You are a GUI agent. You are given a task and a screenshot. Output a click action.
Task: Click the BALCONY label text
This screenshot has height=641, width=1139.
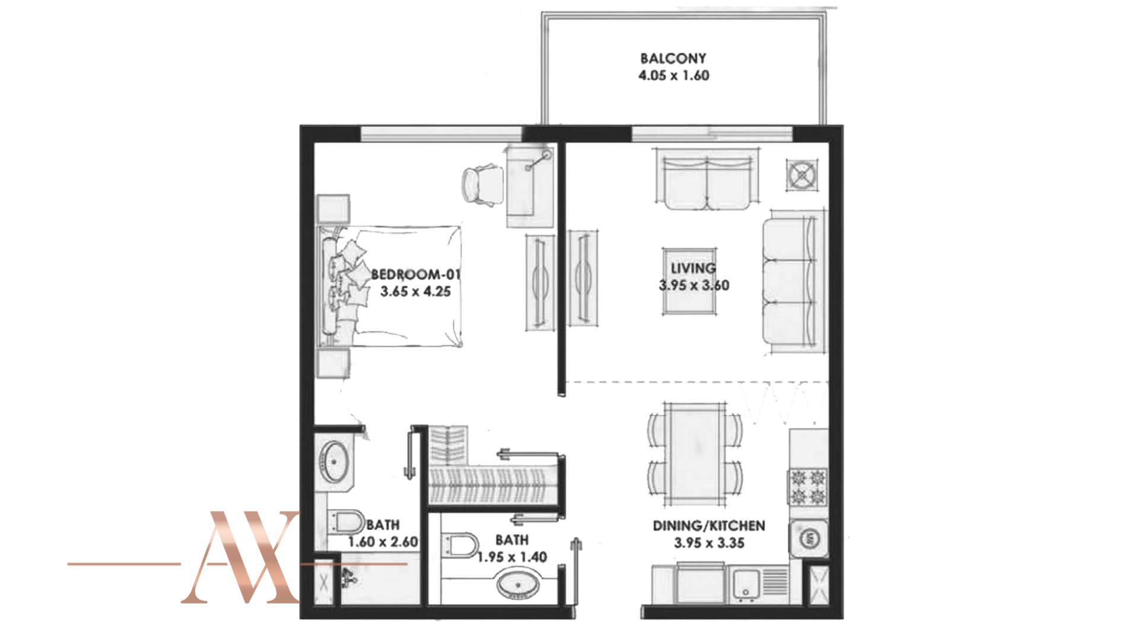coord(673,58)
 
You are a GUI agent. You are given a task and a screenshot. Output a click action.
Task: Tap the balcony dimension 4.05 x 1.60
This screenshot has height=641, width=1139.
coord(674,75)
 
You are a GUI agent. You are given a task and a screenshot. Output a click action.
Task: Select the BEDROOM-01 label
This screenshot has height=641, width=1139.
coord(416,274)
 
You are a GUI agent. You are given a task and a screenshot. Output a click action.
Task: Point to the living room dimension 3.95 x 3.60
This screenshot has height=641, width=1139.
coord(694,285)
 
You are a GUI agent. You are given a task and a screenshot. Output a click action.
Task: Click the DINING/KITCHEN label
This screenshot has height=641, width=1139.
coord(709,525)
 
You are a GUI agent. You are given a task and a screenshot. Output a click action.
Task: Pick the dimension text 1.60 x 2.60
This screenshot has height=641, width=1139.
coord(383,542)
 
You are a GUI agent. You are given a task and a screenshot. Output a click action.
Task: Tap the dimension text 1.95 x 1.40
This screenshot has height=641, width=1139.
coord(512,557)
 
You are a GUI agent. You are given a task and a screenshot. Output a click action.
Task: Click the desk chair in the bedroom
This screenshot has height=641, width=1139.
coord(482,185)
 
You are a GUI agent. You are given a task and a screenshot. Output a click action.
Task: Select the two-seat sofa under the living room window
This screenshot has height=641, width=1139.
coord(706,179)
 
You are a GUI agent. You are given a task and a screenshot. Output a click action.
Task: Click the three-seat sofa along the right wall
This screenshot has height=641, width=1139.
coord(794,282)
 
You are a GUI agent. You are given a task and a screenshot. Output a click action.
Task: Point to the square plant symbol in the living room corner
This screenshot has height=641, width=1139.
coord(802,175)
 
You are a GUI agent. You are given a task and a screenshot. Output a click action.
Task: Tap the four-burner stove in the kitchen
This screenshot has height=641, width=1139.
coord(808,487)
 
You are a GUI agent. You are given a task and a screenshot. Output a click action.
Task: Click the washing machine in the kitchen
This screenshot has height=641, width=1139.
coord(808,538)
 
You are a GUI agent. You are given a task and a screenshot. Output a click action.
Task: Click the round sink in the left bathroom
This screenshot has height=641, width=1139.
coord(334,462)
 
